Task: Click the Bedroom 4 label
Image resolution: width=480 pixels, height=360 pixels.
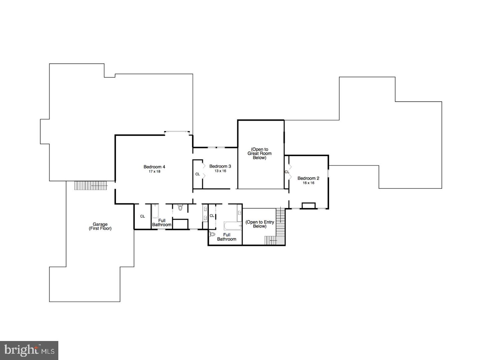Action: click(x=154, y=167)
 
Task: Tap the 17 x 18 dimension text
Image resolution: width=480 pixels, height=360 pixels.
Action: click(x=154, y=172)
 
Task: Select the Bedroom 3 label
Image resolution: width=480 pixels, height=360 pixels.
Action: click(x=220, y=166)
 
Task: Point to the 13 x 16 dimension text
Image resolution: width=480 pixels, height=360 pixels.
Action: click(x=220, y=171)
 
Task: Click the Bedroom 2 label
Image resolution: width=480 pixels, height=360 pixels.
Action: click(x=308, y=178)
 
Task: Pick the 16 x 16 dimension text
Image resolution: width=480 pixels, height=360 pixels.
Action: click(x=308, y=183)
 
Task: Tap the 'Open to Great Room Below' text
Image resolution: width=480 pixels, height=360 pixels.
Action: click(x=259, y=154)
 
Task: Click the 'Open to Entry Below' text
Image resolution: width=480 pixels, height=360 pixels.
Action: click(x=260, y=224)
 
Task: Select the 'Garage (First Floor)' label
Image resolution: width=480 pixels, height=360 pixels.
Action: click(x=100, y=226)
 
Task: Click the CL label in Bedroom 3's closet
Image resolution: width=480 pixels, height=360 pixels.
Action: click(x=198, y=174)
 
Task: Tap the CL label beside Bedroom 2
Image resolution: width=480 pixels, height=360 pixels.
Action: click(x=287, y=172)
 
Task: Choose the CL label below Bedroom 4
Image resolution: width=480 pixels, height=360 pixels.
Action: click(x=142, y=216)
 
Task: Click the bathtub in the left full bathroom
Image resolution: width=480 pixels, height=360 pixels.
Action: click(x=155, y=211)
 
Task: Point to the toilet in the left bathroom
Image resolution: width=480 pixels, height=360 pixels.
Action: click(x=180, y=208)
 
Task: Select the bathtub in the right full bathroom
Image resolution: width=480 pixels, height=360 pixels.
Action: click(x=233, y=226)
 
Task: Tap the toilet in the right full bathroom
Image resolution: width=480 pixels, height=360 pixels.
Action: click(x=212, y=234)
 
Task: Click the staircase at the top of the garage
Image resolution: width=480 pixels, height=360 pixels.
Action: click(x=91, y=185)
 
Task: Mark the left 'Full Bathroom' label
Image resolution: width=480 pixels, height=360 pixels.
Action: click(x=162, y=223)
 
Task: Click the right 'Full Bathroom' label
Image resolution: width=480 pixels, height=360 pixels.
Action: click(x=227, y=237)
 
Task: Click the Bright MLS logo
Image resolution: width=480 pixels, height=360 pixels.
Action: click(x=29, y=350)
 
